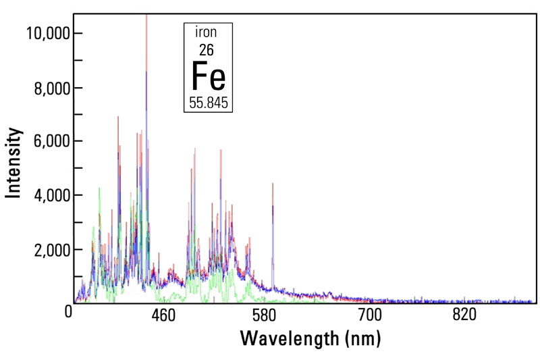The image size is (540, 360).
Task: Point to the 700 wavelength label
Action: pos(370,315)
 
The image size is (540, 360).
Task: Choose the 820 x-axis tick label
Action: pos(465,315)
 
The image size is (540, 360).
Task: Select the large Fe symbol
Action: pos(209,76)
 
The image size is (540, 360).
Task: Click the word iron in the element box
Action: pos(208,32)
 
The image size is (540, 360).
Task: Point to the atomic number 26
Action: pos(208,49)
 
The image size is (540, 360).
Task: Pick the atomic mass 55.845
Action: pos(209,103)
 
